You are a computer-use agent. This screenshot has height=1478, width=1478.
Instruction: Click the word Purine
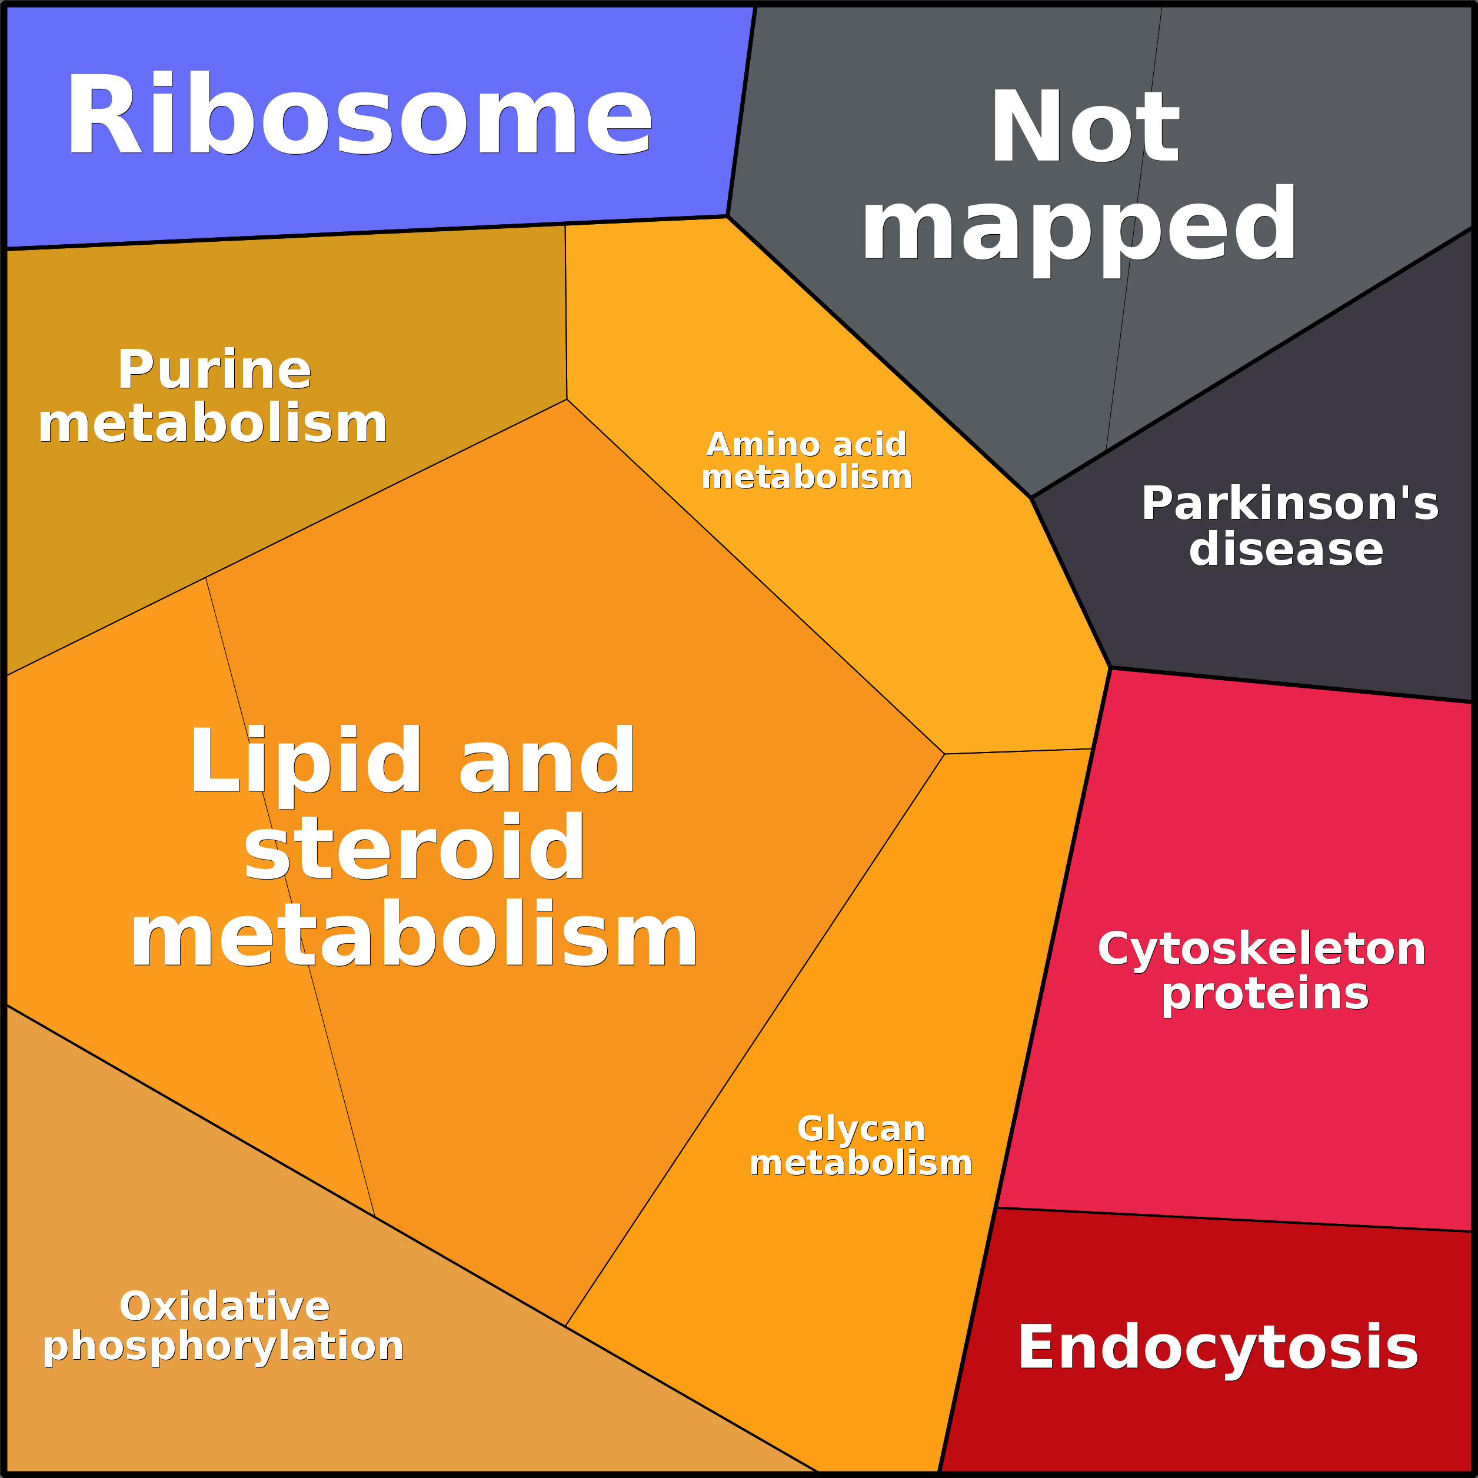(x=215, y=370)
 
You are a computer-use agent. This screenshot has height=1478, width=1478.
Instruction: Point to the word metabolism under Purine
(x=212, y=425)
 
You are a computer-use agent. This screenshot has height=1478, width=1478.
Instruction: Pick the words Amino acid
(x=806, y=444)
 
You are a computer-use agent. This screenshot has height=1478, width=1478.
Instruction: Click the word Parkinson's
(x=1290, y=504)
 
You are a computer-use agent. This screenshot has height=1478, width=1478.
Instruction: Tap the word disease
(x=1286, y=550)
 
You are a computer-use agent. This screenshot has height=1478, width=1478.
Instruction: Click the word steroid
(x=414, y=848)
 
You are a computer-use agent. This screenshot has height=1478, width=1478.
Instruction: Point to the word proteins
(x=1264, y=994)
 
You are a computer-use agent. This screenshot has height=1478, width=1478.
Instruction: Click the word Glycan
(x=861, y=1129)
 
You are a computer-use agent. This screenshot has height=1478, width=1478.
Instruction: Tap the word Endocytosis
(x=1218, y=1347)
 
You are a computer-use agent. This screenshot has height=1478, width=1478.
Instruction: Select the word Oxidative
(x=225, y=1306)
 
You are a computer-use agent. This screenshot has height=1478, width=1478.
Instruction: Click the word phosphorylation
(x=224, y=1346)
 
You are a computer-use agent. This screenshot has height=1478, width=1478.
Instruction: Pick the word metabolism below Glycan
(x=861, y=1163)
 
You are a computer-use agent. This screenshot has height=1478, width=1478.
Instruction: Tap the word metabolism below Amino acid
(x=806, y=477)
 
